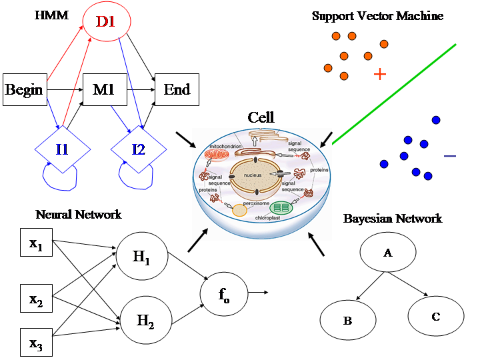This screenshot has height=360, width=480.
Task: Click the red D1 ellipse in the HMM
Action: (106, 23)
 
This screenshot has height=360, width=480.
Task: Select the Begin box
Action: (24, 90)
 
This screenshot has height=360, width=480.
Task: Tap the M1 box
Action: (104, 90)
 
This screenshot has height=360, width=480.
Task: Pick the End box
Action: (177, 90)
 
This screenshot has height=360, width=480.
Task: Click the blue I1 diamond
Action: (62, 149)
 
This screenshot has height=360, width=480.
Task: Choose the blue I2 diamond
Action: (138, 149)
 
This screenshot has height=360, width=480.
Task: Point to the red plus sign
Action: (380, 74)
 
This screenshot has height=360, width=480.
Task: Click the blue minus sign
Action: (450, 156)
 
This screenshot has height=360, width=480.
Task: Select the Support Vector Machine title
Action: (377, 15)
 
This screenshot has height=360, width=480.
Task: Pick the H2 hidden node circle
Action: (144, 321)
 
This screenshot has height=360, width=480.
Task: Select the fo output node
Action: (224, 292)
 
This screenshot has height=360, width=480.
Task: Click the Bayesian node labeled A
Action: (387, 252)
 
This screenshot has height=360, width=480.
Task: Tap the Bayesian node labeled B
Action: (347, 320)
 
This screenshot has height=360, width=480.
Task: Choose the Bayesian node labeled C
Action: (435, 316)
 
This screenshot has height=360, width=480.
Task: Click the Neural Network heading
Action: (79, 215)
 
